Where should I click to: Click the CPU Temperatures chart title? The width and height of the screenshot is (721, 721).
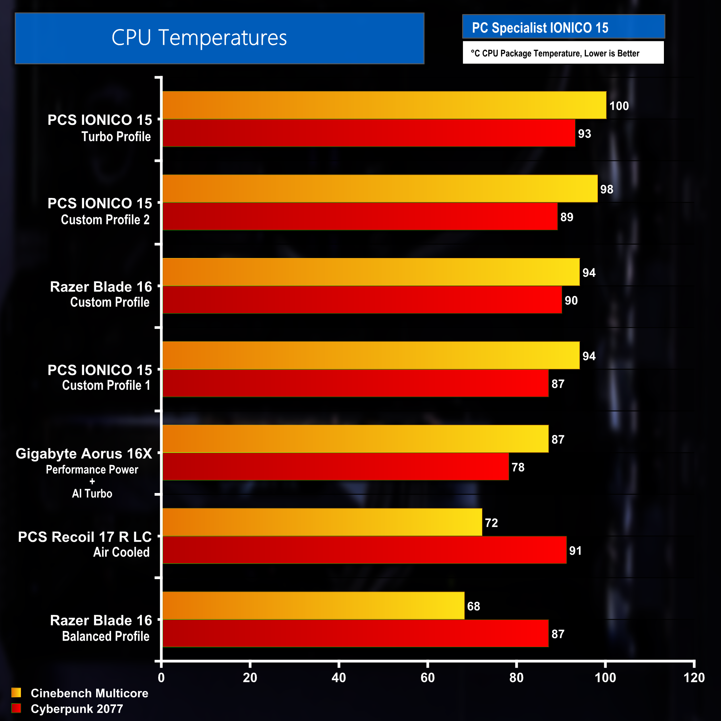coord(199,38)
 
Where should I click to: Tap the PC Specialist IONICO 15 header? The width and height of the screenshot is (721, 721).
coord(540,28)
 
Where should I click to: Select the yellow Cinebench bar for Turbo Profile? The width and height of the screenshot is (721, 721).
coord(385,105)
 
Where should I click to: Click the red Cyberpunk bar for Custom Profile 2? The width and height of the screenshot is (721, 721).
coord(360,216)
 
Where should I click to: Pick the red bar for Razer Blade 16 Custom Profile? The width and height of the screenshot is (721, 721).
coord(362,300)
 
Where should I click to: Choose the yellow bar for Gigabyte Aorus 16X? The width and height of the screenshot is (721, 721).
coord(355,439)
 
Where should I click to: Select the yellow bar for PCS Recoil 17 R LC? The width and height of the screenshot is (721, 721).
coord(322,522)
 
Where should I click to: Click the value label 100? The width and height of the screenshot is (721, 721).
coord(619,106)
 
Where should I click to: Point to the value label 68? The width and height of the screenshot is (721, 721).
coord(473,606)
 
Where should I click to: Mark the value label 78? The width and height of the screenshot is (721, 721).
coord(518,467)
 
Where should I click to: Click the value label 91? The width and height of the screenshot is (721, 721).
coord(575,550)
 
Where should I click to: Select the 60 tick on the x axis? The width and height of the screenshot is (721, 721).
coord(427,677)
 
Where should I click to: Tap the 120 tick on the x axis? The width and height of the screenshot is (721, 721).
coord(694,677)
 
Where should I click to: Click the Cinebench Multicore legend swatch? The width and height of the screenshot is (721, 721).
coord(16,693)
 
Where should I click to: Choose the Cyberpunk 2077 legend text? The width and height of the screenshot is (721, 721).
coord(76,709)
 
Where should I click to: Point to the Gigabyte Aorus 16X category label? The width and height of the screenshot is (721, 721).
coord(84,453)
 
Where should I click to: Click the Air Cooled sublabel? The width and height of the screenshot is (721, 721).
coord(121,552)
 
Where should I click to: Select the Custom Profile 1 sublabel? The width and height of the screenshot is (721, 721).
coord(106,385)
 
